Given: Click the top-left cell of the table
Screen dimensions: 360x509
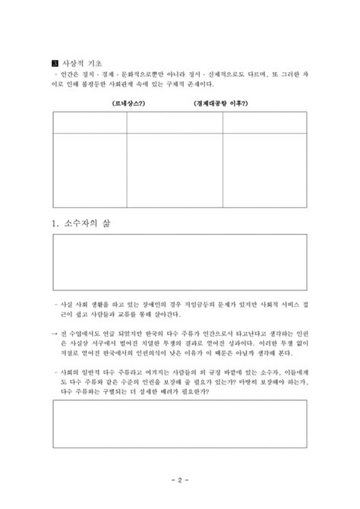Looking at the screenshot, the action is [90, 123].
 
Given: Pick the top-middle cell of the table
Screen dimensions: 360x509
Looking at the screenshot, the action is [174, 123].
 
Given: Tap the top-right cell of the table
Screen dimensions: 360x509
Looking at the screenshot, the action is [264, 123].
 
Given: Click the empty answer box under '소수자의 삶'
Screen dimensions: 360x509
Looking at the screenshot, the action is [180, 262].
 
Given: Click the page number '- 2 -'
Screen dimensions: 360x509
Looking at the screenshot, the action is [180, 481].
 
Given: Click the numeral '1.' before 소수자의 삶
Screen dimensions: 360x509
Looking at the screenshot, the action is [55, 225].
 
